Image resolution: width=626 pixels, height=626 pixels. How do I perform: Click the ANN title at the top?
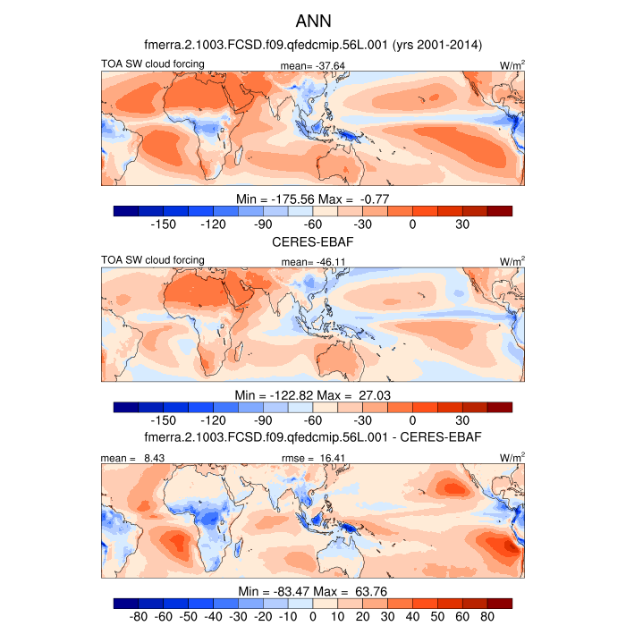pyautogui.click(x=313, y=20)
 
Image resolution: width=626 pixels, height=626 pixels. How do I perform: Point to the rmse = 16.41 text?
pyautogui.click(x=307, y=458)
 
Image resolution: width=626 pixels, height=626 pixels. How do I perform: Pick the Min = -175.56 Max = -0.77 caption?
pyautogui.click(x=313, y=198)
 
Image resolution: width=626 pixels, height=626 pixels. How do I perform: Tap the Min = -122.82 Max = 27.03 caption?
pyautogui.click(x=313, y=394)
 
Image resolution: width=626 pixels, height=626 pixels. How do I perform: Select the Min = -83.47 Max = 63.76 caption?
pyautogui.click(x=313, y=591)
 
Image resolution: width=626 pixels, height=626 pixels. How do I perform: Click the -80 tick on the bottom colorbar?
pyautogui.click(x=139, y=617)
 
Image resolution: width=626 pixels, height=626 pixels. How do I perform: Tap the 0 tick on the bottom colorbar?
pyautogui.click(x=313, y=617)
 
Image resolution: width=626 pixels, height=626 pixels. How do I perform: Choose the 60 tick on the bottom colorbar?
pyautogui.click(x=462, y=617)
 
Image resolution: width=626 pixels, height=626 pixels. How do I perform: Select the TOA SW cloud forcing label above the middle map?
pyautogui.click(x=153, y=260)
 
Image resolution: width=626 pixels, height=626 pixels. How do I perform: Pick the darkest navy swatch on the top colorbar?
pyautogui.click(x=126, y=211)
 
